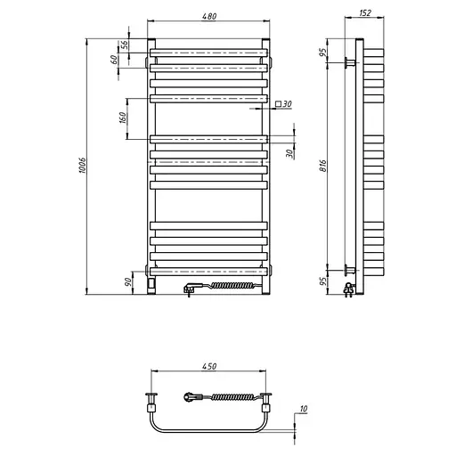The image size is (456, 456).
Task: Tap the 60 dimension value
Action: tap(114, 60)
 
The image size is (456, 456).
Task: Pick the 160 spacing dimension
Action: tap(122, 117)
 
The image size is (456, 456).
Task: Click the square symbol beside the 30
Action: tap(278, 105)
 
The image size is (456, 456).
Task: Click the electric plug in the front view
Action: tap(191, 288)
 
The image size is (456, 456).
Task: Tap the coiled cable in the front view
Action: tap(233, 285)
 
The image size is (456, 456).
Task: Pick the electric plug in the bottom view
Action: tap(191, 396)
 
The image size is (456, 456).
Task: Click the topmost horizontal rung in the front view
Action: tap(208, 65)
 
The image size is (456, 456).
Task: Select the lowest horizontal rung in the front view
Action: tap(208, 270)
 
